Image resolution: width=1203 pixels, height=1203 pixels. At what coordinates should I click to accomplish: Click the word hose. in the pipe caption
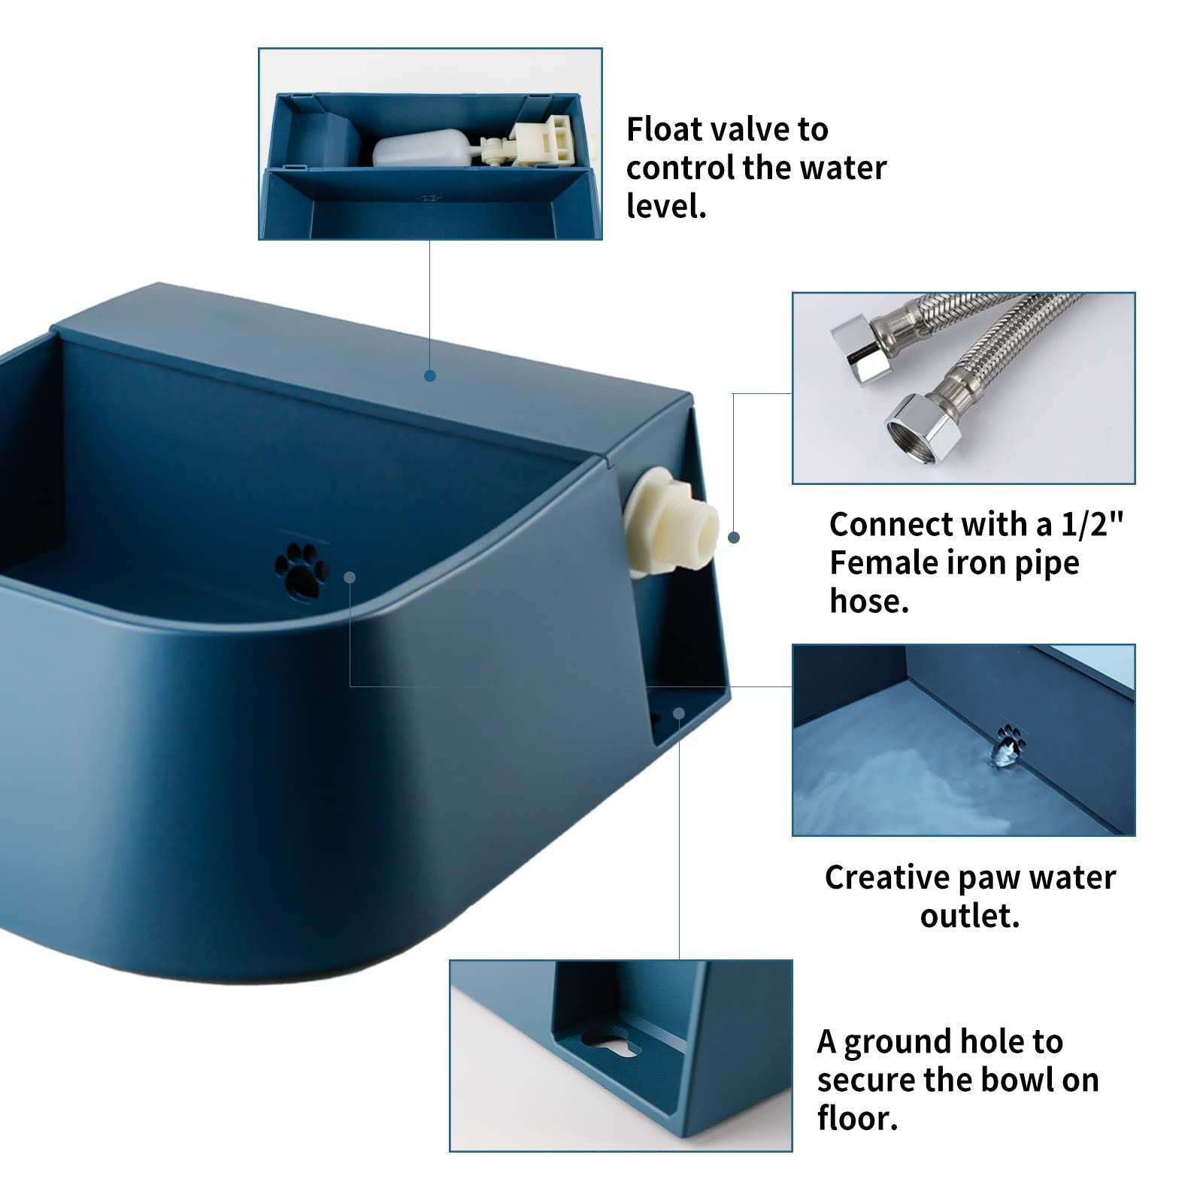point(869,601)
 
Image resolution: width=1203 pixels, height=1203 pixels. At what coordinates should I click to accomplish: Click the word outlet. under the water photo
point(970,916)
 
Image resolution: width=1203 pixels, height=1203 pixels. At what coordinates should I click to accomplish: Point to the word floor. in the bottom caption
point(857,1118)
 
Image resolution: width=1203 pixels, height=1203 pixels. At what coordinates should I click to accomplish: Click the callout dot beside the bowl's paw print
point(350,577)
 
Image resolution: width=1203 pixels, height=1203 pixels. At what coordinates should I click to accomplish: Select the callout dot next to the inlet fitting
point(734,538)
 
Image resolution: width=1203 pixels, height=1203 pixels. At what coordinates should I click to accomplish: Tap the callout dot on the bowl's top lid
point(430,375)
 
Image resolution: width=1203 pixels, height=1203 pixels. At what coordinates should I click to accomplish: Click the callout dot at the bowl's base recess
point(679,712)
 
